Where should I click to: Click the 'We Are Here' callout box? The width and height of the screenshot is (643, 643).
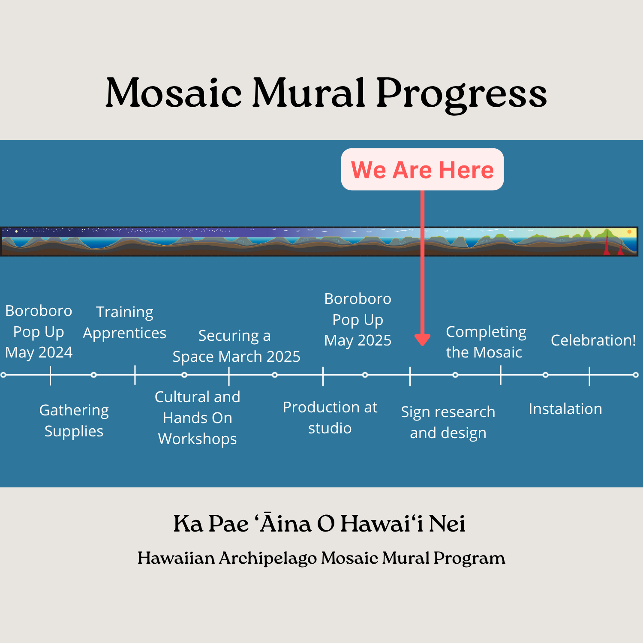point(422,169)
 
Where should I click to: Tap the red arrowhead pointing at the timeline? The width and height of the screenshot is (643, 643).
point(423,340)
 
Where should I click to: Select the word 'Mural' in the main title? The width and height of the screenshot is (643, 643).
point(309,92)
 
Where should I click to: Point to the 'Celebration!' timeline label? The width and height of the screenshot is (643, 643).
point(593,340)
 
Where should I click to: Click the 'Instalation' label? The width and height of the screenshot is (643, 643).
point(565,409)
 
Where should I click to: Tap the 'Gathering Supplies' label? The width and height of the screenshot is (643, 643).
point(74,421)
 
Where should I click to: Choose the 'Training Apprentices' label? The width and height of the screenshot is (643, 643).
point(125,322)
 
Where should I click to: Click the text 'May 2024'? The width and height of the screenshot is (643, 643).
point(39,352)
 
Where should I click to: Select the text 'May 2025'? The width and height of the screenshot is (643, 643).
point(358,340)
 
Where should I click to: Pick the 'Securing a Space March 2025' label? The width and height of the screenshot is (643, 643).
point(237,346)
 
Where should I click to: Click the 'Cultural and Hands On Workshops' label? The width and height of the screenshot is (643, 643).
point(198,418)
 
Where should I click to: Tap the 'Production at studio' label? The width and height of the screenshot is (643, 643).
point(330,418)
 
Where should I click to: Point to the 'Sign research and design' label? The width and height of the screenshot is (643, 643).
point(448,423)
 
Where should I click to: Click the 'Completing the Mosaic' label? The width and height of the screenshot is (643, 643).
point(486,342)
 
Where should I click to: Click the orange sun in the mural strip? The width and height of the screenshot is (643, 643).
point(629,232)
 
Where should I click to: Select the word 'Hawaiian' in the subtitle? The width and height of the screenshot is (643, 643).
point(176,558)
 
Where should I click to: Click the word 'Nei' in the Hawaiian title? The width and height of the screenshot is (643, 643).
point(447,524)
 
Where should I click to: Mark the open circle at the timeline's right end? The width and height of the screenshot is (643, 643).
point(636,375)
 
